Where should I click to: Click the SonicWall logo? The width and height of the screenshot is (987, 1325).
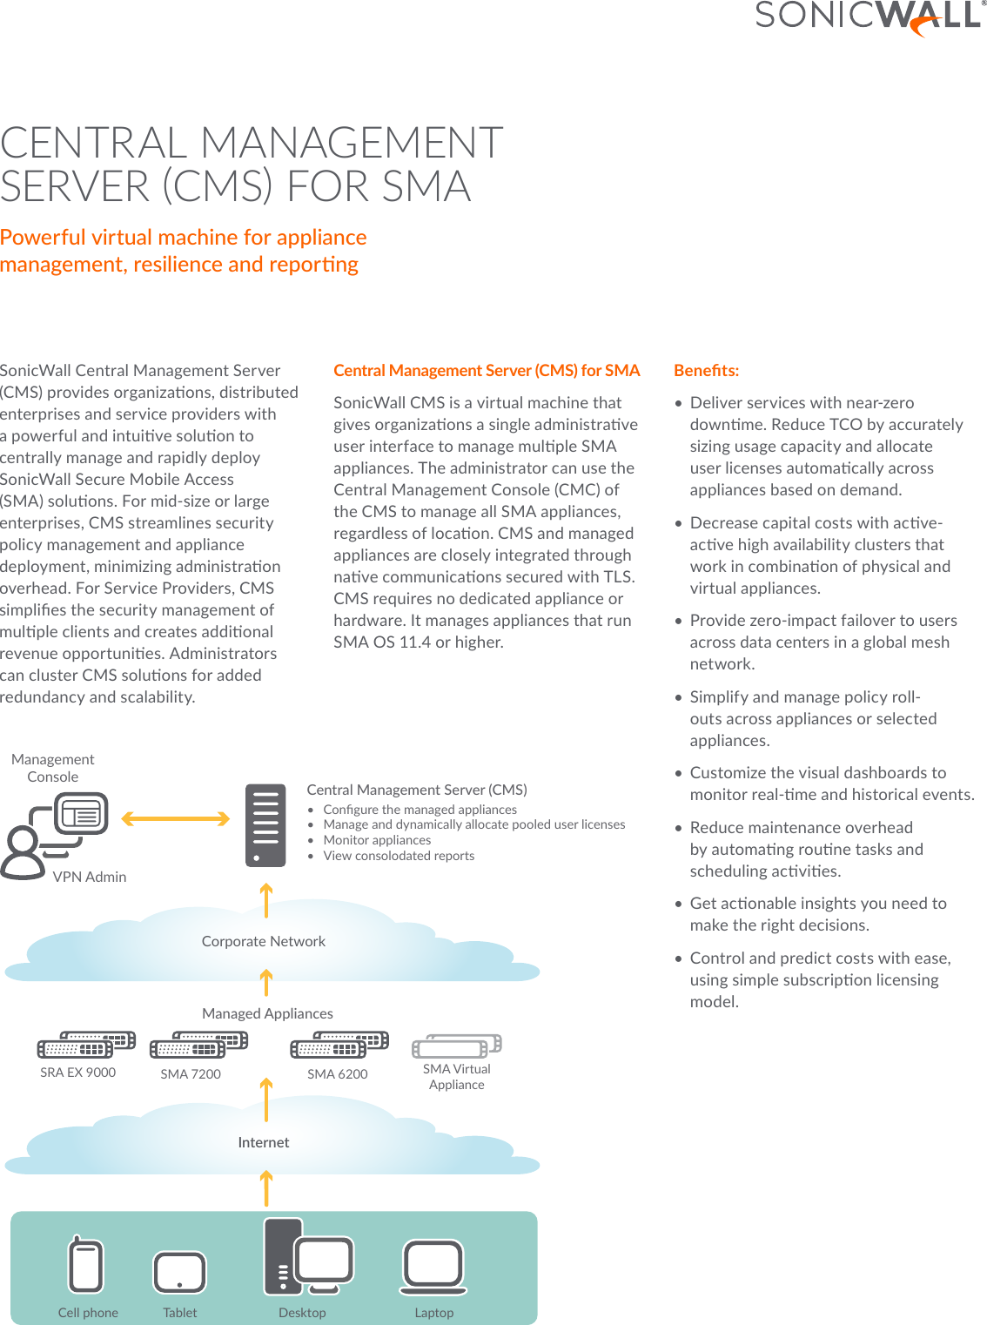click(x=869, y=17)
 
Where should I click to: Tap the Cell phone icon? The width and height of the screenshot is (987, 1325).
click(x=86, y=1266)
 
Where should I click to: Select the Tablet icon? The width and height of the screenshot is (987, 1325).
click(x=179, y=1273)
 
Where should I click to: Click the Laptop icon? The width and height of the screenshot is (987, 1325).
click(x=433, y=1267)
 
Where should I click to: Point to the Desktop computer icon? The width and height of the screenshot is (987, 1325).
click(x=308, y=1257)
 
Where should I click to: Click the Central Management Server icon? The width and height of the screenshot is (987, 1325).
click(x=265, y=825)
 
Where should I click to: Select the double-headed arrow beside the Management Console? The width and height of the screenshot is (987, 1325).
click(x=175, y=818)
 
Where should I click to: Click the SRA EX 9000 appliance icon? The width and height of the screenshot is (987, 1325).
click(x=86, y=1045)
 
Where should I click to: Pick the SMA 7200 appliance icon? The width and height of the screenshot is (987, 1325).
click(x=198, y=1045)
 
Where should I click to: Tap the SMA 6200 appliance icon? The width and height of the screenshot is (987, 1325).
click(x=339, y=1045)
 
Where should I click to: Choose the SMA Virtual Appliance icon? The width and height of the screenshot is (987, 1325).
click(x=457, y=1046)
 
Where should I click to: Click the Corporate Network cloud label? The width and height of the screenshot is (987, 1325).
click(x=263, y=941)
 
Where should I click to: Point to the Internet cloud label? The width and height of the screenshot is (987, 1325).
click(x=263, y=1142)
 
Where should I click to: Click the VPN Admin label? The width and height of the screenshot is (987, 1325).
click(x=90, y=877)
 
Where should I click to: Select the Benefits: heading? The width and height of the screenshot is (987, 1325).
click(x=706, y=370)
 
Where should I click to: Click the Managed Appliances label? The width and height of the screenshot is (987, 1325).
click(x=267, y=1013)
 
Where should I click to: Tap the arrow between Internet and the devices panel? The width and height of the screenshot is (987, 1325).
click(x=266, y=1188)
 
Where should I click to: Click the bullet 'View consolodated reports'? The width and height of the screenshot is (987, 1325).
click(x=399, y=856)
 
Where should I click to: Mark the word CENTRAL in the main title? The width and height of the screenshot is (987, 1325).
click(x=94, y=143)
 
